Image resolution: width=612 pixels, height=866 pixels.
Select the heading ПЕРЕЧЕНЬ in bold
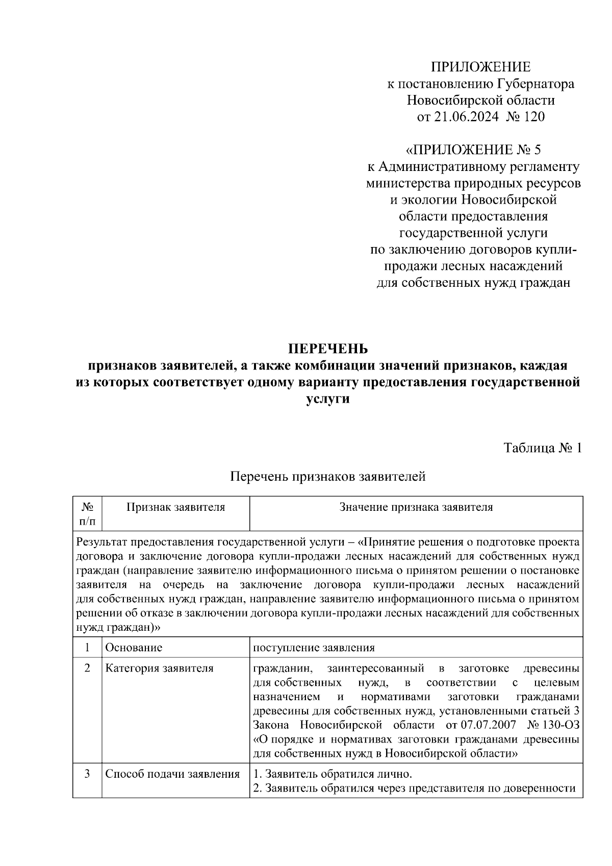(x=328, y=349)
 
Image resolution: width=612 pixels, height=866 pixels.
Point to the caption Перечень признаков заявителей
(x=328, y=477)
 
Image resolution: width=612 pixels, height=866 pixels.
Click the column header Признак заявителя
(x=175, y=507)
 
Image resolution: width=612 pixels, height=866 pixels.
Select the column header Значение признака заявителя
(x=416, y=507)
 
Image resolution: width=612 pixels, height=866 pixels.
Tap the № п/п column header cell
(x=87, y=514)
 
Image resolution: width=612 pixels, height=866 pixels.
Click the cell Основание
(x=134, y=648)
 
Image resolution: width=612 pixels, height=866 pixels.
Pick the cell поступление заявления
(x=314, y=648)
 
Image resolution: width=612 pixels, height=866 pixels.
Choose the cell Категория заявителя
(x=159, y=668)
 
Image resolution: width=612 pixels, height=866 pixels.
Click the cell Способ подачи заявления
(x=172, y=774)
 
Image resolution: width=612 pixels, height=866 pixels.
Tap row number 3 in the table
(x=87, y=774)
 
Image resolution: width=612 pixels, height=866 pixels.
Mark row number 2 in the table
(x=87, y=668)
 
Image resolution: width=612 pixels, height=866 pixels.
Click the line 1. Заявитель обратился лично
(x=332, y=774)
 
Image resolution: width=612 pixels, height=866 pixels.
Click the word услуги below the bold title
(x=328, y=399)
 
